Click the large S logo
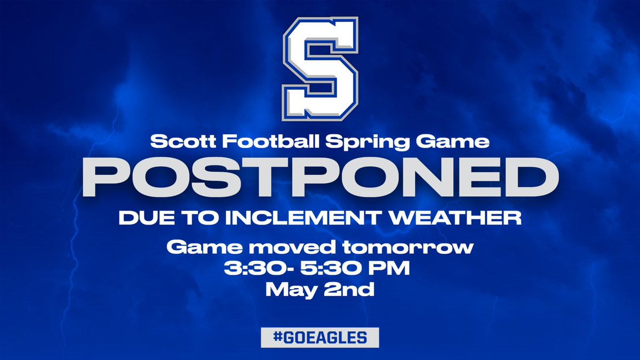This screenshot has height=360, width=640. tap(320, 69)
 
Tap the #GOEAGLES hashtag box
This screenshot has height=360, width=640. tap(320, 338)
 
